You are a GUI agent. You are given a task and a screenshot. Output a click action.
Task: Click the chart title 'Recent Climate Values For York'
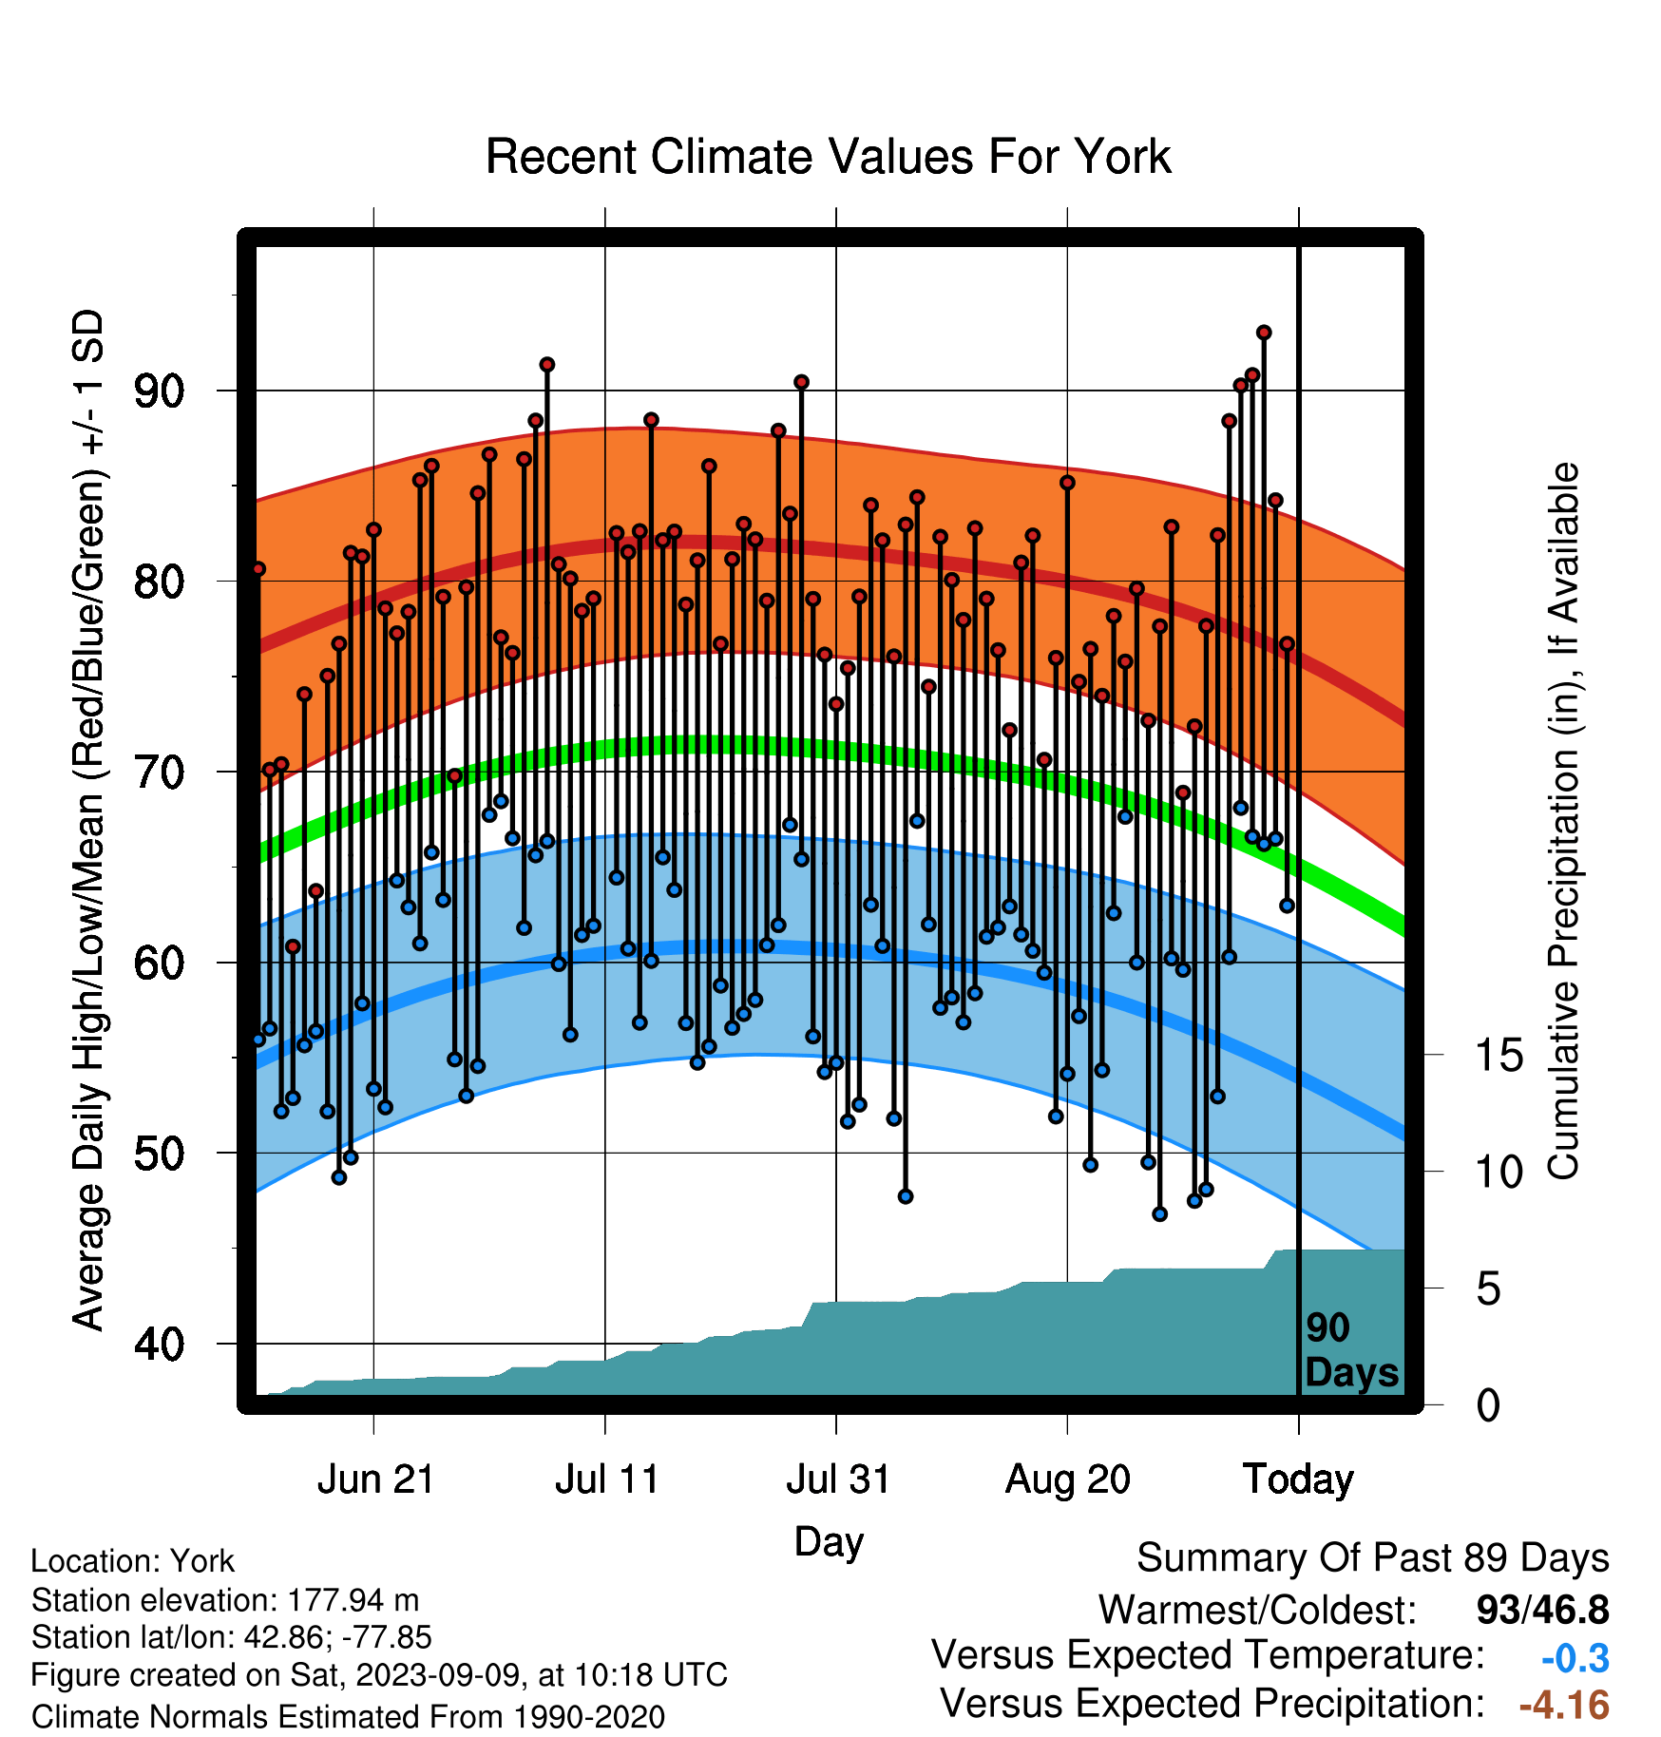[828, 157]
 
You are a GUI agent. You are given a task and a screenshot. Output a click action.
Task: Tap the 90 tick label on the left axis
[160, 391]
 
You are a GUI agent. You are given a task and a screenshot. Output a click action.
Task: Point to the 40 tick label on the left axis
[160, 1345]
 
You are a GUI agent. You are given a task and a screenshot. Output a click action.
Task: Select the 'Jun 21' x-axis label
[375, 1479]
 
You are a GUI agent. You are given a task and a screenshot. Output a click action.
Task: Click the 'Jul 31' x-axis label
[838, 1479]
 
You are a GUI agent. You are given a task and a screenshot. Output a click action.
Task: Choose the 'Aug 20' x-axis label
[1068, 1479]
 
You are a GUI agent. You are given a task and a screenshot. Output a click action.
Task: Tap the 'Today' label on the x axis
[1298, 1479]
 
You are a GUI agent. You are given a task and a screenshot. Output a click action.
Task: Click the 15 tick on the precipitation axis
[1499, 1056]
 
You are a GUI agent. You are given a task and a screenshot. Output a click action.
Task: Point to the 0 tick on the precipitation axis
[1489, 1404]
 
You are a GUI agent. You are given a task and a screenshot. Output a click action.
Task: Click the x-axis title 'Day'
[829, 1541]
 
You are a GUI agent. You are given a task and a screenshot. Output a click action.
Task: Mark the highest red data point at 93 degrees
[1264, 333]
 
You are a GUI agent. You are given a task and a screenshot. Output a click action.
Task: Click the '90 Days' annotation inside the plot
[1351, 1350]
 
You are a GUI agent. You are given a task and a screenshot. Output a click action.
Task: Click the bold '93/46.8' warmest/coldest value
[1543, 1611]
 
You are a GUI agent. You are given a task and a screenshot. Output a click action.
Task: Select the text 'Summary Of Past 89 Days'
[1373, 1558]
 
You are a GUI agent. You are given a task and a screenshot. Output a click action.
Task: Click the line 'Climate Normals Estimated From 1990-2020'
[348, 1717]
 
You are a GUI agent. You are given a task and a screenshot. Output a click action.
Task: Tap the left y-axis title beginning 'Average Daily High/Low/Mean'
[88, 819]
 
